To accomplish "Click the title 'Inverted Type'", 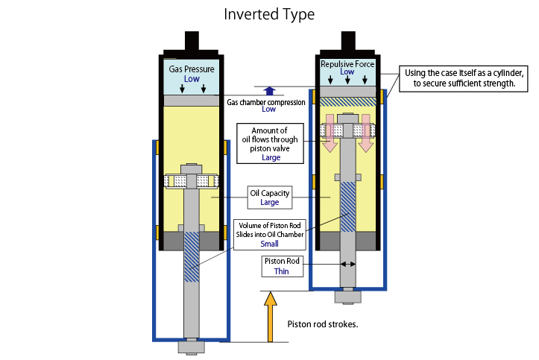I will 269,14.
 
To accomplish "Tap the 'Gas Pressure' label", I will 192,69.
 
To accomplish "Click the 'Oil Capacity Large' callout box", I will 269,198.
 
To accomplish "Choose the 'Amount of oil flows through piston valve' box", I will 271,142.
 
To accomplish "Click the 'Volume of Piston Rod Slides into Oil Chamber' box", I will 269,233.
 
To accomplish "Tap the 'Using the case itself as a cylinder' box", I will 464,78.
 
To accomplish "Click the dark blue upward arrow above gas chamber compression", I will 269,89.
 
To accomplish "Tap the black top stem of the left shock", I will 192,41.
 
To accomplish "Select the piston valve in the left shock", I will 192,181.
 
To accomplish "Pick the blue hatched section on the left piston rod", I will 192,257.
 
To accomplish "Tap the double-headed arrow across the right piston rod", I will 347,264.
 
